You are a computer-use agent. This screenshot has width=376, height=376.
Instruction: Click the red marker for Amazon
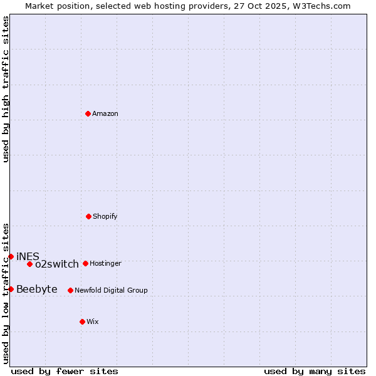tap(88, 113)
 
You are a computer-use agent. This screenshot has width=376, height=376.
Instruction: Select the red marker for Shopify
tap(88, 216)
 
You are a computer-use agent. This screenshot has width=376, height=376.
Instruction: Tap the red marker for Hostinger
tap(85, 263)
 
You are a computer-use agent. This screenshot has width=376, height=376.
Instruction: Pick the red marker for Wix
tap(82, 321)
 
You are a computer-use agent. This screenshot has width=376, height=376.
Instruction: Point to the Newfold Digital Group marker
tap(70, 290)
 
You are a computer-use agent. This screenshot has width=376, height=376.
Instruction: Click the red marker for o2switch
tap(29, 264)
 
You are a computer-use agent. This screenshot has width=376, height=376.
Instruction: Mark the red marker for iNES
tap(11, 256)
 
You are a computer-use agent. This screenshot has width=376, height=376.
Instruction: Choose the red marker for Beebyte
tap(11, 289)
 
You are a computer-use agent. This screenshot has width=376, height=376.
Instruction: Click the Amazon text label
tap(105, 114)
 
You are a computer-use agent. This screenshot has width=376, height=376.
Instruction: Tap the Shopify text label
tap(105, 217)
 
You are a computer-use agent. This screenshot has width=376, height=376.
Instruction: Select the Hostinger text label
tap(105, 264)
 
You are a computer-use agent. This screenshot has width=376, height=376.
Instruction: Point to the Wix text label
tap(93, 322)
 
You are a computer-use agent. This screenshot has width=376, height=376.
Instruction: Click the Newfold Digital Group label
tap(111, 291)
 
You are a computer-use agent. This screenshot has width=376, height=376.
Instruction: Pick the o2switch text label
tap(57, 264)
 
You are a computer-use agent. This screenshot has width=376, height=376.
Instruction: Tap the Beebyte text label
tap(37, 290)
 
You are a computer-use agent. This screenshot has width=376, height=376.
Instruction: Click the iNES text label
tap(28, 257)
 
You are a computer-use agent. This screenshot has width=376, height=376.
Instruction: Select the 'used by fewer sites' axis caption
tap(65, 371)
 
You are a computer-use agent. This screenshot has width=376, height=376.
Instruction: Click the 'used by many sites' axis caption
tap(315, 371)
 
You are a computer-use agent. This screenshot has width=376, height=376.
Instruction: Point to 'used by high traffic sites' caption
tap(6, 89)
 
